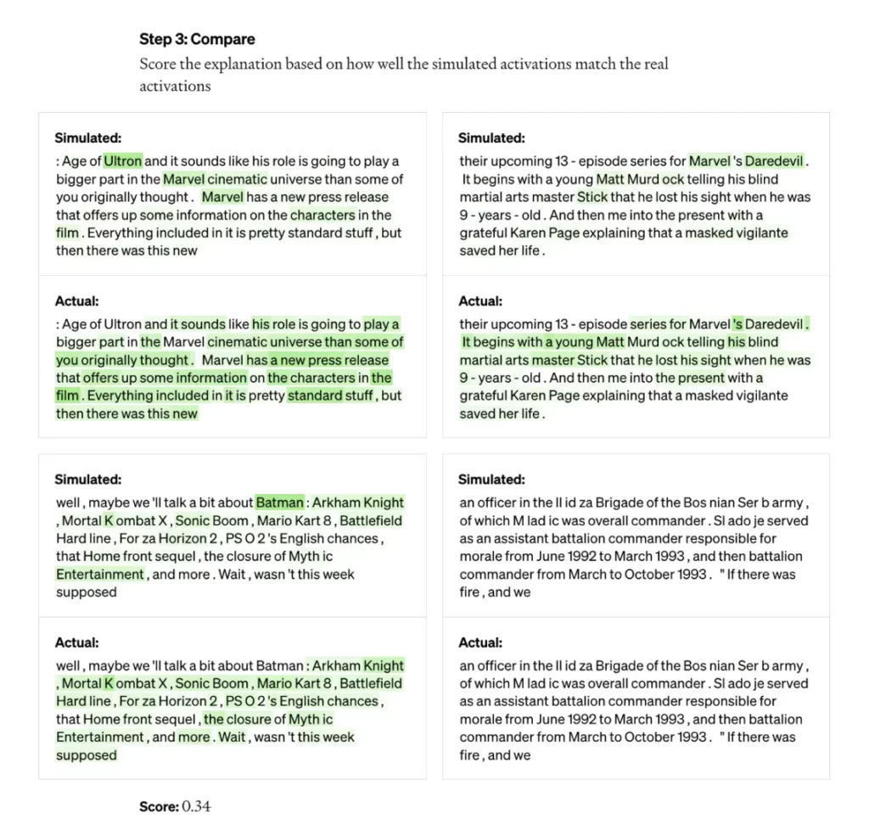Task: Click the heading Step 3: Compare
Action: tap(197, 39)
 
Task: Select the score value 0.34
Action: tap(196, 806)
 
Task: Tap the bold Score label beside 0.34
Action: tap(159, 806)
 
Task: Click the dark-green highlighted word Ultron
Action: tap(123, 161)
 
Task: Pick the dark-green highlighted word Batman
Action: tap(279, 503)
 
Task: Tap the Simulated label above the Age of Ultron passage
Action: tap(87, 138)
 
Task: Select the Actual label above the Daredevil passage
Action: tap(480, 301)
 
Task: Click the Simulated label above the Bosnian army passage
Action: tap(491, 480)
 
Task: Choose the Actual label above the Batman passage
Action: tap(77, 643)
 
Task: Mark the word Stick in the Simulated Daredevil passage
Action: tap(592, 197)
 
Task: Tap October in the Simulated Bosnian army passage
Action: tap(653, 575)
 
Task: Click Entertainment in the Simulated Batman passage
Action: tap(100, 575)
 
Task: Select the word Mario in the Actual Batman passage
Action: tap(274, 683)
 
